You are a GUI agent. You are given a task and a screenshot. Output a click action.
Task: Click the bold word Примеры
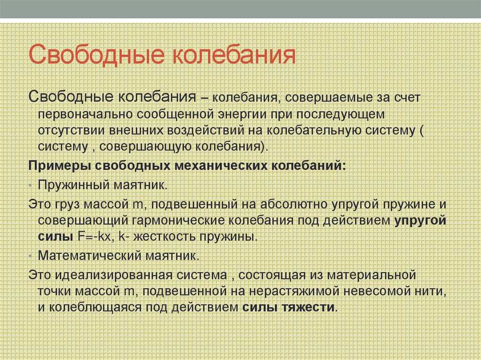click(x=60, y=167)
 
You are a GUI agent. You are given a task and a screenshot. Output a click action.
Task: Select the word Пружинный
click(x=73, y=184)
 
